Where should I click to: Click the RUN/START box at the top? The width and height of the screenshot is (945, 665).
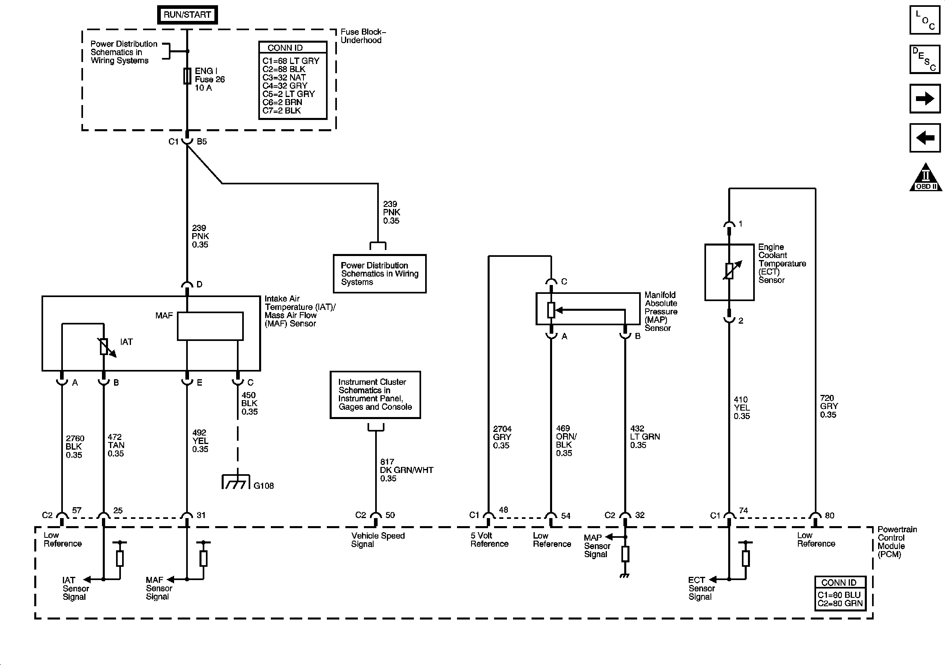[187, 15]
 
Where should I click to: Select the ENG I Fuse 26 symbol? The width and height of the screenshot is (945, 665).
[187, 76]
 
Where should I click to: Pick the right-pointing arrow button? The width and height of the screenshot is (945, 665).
[925, 99]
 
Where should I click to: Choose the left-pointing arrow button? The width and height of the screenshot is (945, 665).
[925, 138]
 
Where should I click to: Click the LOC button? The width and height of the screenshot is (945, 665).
[925, 20]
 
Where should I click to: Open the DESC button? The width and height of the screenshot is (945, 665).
[925, 59]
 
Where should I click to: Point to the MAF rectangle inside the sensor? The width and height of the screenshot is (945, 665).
[210, 326]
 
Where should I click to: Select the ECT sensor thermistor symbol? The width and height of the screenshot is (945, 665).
[729, 271]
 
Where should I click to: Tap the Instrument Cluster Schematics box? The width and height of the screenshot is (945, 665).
[375, 395]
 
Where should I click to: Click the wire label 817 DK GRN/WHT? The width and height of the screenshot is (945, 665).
[406, 470]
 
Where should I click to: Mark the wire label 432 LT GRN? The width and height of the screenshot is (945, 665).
[644, 437]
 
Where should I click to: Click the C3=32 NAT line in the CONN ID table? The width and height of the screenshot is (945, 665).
[284, 77]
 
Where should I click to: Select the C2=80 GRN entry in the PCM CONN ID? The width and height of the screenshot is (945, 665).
[840, 603]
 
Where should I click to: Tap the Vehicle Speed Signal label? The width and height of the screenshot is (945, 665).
[378, 539]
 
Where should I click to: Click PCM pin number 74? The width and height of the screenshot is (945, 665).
[743, 510]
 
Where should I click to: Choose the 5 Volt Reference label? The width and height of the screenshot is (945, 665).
[489, 539]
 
